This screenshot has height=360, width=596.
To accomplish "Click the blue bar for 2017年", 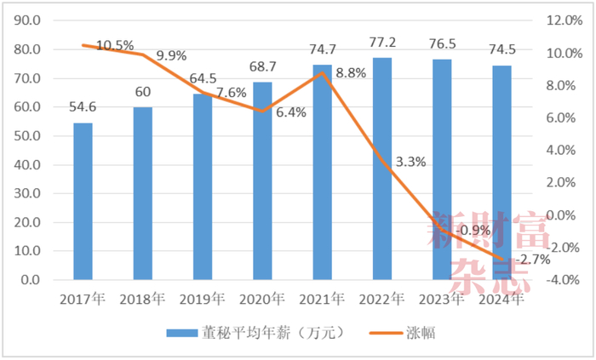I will coord(83,202).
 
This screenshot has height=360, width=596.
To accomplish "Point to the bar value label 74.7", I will coord(322,49).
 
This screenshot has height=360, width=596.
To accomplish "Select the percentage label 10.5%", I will coord(115,45).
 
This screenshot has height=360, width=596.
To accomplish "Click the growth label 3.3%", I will coord(410,162).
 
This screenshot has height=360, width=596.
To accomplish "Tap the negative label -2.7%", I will coord(534,259).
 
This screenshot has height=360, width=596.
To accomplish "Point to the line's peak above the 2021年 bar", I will coord(322,72).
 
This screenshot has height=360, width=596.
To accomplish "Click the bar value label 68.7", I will coord(262,66).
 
